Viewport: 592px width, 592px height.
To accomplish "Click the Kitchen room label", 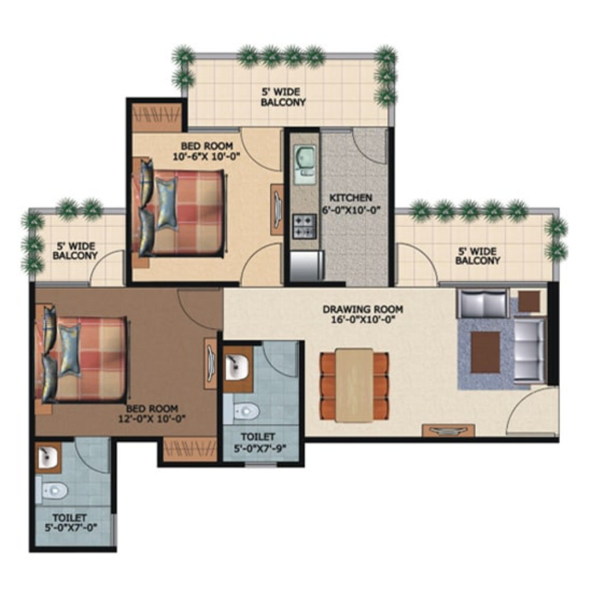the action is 350,198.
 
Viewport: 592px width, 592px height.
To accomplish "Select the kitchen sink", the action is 305,165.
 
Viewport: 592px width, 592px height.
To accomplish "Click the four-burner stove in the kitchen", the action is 304,226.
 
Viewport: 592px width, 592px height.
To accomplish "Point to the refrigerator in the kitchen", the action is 307,265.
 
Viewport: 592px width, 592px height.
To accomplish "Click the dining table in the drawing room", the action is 354,385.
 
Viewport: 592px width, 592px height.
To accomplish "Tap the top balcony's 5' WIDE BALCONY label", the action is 283,97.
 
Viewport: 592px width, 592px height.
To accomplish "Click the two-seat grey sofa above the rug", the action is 482,304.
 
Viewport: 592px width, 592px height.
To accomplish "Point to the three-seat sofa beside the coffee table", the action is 529,350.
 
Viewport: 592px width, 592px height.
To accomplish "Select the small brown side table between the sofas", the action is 529,301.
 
